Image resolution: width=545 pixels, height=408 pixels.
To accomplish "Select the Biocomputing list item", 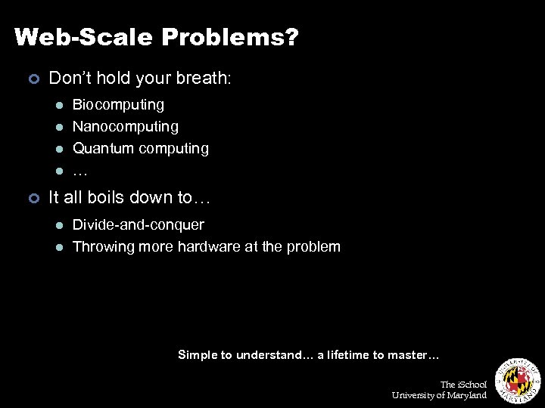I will [118, 104].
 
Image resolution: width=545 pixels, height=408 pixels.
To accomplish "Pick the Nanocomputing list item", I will [126, 126].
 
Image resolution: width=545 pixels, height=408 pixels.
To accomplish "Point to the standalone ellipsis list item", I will [79, 172].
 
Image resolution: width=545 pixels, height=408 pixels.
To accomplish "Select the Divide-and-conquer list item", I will [138, 224].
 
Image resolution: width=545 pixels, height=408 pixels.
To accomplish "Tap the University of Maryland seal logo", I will [517, 380].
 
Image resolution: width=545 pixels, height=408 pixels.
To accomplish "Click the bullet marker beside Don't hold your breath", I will [33, 78].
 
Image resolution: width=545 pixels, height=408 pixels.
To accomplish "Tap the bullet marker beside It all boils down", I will [33, 198].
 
